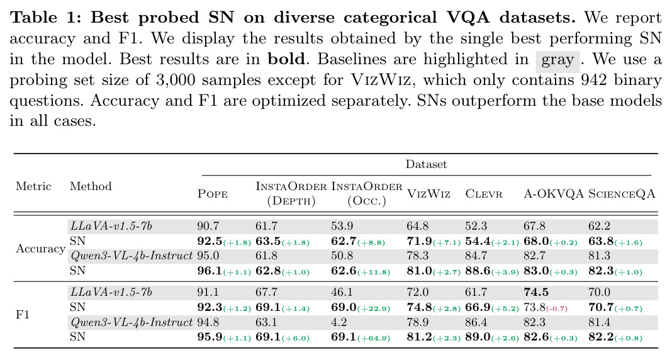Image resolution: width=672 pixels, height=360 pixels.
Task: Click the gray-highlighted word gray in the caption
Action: coord(557,60)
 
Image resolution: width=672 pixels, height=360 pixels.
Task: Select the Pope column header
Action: coord(213,194)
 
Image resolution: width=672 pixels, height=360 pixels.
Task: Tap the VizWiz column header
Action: coord(428,194)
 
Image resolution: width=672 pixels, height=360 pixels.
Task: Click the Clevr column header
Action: coord(484,194)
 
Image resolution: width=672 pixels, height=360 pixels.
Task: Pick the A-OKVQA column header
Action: coord(554,194)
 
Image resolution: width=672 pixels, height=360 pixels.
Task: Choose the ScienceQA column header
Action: coord(622,194)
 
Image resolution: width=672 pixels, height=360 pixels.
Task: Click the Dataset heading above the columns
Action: coord(426,164)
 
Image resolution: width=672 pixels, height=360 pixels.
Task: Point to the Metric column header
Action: coord(33,186)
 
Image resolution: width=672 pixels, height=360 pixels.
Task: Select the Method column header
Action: coord(91,186)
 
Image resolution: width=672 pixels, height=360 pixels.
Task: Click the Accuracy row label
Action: coord(40,249)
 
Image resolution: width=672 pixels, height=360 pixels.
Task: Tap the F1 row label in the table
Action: coord(22,315)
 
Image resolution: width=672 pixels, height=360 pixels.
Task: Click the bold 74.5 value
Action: coord(535,292)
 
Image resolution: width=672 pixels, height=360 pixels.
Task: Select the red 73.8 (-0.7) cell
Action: coord(546,307)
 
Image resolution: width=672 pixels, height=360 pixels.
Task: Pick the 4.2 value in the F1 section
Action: coord(339,322)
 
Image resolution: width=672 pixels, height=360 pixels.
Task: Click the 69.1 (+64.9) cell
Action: coord(361,337)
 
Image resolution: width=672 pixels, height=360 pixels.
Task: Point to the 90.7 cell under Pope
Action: coord(208,226)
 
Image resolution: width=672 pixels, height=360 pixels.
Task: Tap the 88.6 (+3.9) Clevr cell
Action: coord(492,271)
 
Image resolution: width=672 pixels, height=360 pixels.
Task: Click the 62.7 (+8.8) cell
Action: coord(358,242)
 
